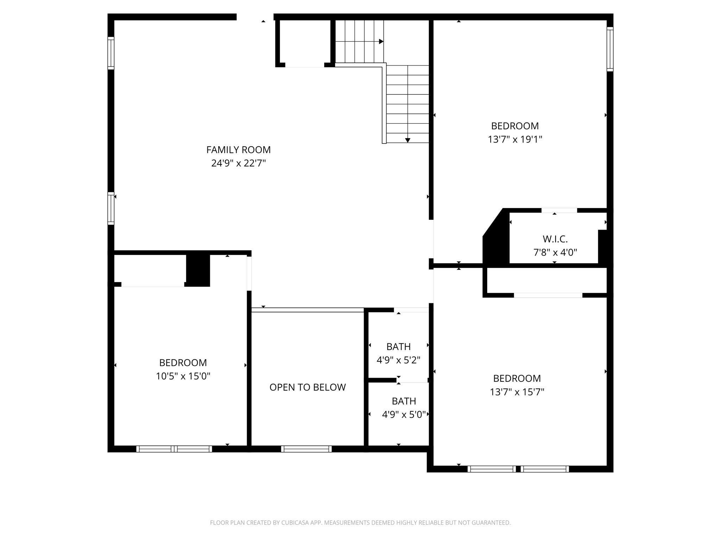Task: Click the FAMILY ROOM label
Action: tap(238, 150)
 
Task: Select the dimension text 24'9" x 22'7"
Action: tap(238, 163)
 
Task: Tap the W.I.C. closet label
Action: tap(555, 239)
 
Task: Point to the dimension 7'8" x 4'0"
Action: tap(555, 253)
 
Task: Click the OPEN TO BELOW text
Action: tap(307, 387)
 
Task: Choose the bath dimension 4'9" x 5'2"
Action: tap(399, 360)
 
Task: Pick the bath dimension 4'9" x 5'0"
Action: tap(404, 415)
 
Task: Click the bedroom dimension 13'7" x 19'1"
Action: tap(515, 139)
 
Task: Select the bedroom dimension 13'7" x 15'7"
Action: tap(517, 392)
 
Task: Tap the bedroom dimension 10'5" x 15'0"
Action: tap(183, 376)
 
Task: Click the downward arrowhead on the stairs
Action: tap(408, 140)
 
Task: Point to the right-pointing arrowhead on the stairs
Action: tap(381, 42)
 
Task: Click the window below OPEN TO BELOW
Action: tap(306, 449)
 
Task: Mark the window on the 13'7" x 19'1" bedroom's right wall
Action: tap(610, 49)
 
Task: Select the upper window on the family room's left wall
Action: tap(111, 53)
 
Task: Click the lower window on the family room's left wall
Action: tap(111, 208)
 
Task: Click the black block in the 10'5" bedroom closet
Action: tap(198, 270)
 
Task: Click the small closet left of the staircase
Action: tap(305, 42)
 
